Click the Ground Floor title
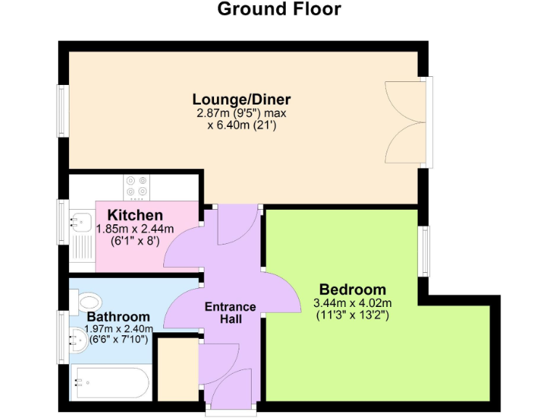point(278,9)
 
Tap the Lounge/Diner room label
point(242,99)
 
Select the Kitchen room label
point(135,216)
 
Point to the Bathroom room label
point(118,317)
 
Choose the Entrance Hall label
point(230,312)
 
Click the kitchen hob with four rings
point(136,186)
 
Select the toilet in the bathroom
point(89,301)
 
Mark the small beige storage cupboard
point(177,369)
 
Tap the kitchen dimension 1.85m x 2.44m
point(135,229)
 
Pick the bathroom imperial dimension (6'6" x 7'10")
point(118,340)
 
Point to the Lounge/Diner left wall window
point(63,111)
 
